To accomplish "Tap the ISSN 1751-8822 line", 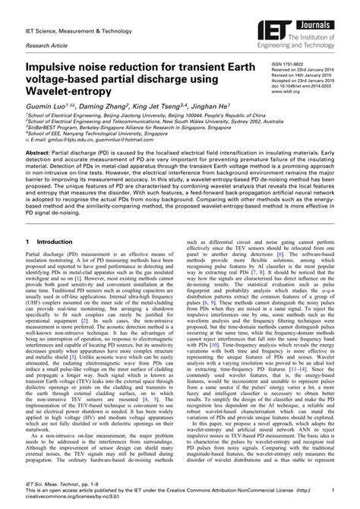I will pyautogui.click(x=289, y=66).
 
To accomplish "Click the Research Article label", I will pyautogui.click(x=46, y=44).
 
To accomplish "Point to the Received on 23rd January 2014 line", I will pyautogui.click(x=305, y=72).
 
